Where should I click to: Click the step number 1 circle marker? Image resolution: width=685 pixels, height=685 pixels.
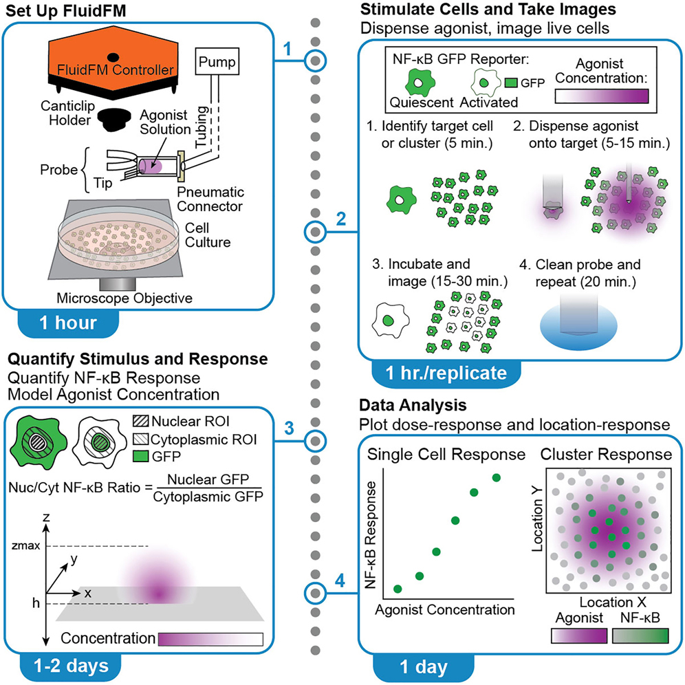[316, 61]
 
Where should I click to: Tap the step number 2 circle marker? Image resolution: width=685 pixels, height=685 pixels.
[316, 232]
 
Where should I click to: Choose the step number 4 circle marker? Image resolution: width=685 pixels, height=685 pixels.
[316, 591]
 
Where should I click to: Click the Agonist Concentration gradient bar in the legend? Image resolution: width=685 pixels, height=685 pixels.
[602, 99]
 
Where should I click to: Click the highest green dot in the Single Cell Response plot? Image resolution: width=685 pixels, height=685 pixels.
[496, 477]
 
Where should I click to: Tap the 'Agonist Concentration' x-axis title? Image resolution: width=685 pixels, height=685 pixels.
[445, 609]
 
